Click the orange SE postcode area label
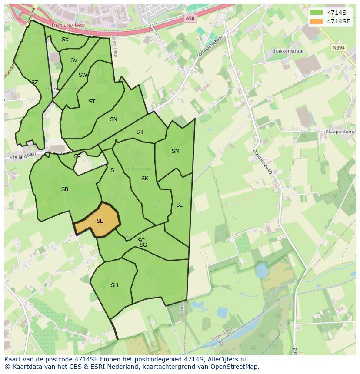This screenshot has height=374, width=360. tap(100, 221)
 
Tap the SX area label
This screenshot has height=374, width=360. tap(65, 40)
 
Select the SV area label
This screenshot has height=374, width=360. tap(73, 60)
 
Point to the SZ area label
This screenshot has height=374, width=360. tap(35, 83)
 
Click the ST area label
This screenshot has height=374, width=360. tap(92, 102)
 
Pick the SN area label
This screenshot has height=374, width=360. tap(113, 119)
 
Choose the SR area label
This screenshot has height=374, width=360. tap(140, 132)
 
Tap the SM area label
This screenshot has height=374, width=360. tap(175, 151)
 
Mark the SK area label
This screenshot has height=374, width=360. tap(145, 179)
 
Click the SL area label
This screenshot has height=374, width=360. tap(179, 205)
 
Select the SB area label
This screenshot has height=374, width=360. tap(65, 189)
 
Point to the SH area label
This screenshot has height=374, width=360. tap(114, 285)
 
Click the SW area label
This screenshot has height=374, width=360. tap(83, 75)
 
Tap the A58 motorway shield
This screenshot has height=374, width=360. tap(190, 18)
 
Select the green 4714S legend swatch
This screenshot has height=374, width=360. tap(316, 13)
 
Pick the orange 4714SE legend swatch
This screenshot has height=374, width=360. tap(316, 21)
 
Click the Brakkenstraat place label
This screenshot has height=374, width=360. tap(288, 51)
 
